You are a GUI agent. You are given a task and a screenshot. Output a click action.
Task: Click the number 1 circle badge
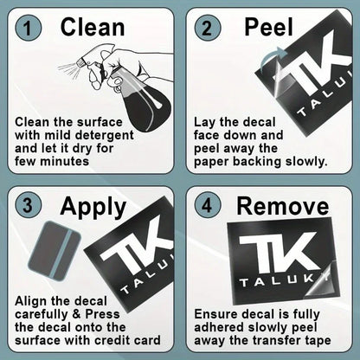(x=28, y=29)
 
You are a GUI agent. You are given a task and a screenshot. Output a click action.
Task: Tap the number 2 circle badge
(x=208, y=29)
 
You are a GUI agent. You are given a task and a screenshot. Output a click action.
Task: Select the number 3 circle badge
(x=28, y=206)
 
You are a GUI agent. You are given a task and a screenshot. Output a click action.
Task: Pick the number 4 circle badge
(x=208, y=206)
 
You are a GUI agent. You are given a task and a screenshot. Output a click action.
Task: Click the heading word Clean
(x=93, y=28)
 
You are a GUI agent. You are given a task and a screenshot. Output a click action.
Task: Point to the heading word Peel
(x=268, y=28)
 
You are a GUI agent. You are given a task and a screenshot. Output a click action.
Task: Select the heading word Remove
(x=283, y=206)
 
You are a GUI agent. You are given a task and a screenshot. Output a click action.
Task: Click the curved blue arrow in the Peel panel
(x=273, y=59)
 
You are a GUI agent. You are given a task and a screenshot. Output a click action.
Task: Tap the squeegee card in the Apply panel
(x=55, y=251)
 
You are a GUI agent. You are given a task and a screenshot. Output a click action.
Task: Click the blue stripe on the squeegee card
(x=59, y=252)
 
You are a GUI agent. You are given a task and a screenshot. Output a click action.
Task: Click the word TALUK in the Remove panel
(x=276, y=281)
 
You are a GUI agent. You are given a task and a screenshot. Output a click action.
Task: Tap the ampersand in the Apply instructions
(x=76, y=314)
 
